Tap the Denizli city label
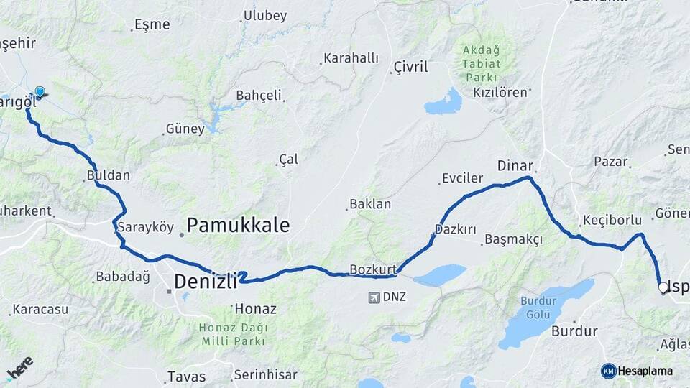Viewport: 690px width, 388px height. (206, 282)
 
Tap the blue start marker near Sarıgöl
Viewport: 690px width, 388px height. (40, 92)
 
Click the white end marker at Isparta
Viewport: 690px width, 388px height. (663, 287)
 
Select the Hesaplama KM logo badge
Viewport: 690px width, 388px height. (609, 371)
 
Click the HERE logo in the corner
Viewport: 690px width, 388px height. (19, 368)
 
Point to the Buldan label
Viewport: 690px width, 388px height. (109, 175)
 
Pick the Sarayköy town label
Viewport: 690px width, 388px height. (146, 228)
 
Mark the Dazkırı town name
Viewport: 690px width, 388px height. (456, 230)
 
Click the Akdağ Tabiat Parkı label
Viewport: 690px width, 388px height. (483, 63)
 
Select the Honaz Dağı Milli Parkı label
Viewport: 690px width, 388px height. (234, 333)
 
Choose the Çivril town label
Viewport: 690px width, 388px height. (410, 67)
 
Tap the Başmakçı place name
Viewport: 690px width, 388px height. (513, 239)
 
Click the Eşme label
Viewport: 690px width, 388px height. (152, 24)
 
